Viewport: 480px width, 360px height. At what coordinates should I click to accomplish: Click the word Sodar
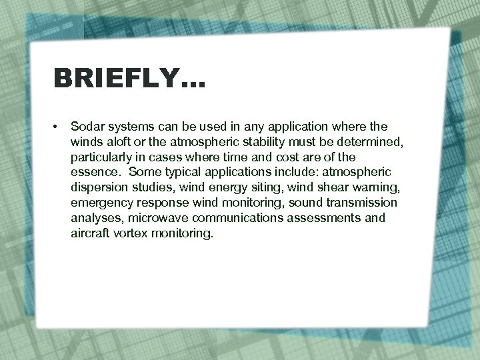coord(86,126)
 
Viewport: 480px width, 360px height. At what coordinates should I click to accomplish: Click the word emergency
coord(102,202)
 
